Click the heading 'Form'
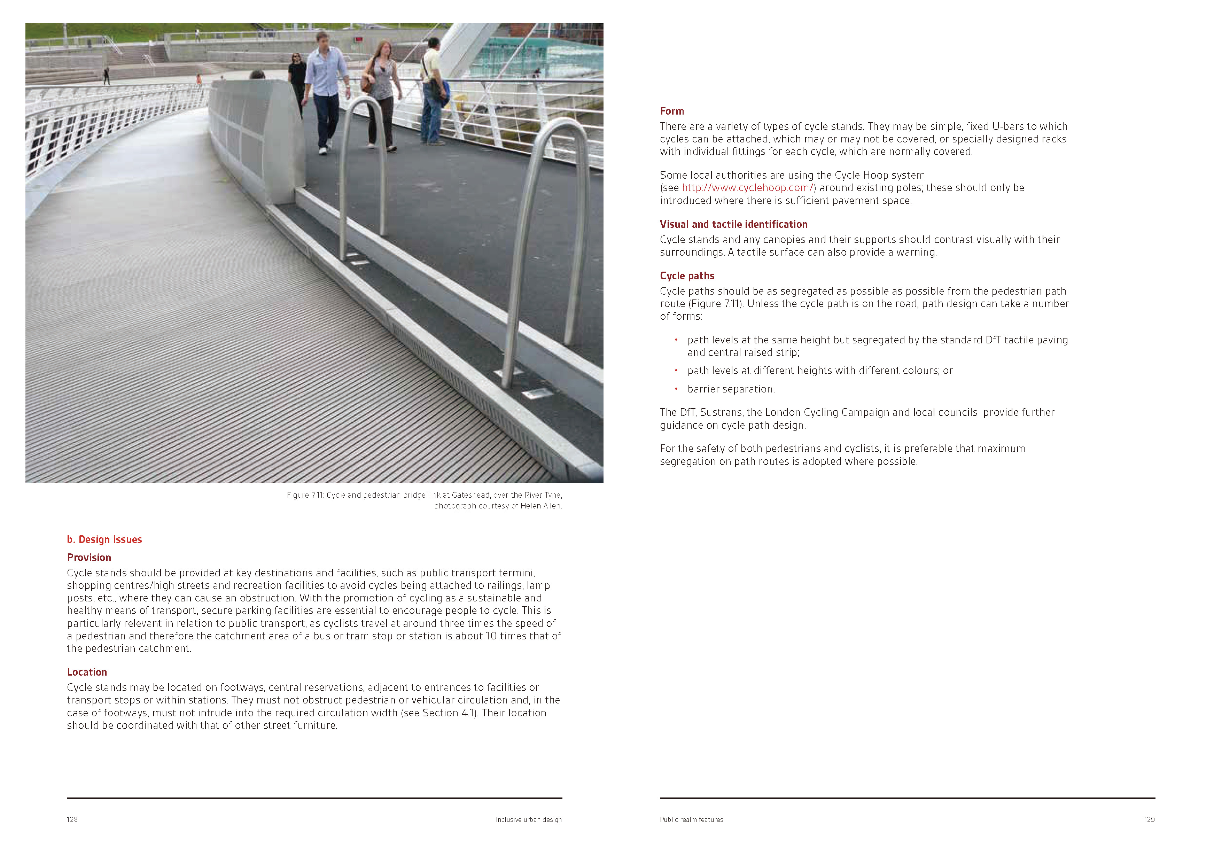tap(672, 111)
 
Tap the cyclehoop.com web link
tap(747, 188)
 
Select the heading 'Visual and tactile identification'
tap(733, 224)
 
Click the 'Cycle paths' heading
tap(687, 276)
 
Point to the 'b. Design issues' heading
tap(104, 539)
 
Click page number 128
tap(72, 819)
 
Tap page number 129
tap(1149, 819)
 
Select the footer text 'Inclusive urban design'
tap(529, 819)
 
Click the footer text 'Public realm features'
tap(691, 819)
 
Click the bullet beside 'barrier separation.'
tap(676, 389)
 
